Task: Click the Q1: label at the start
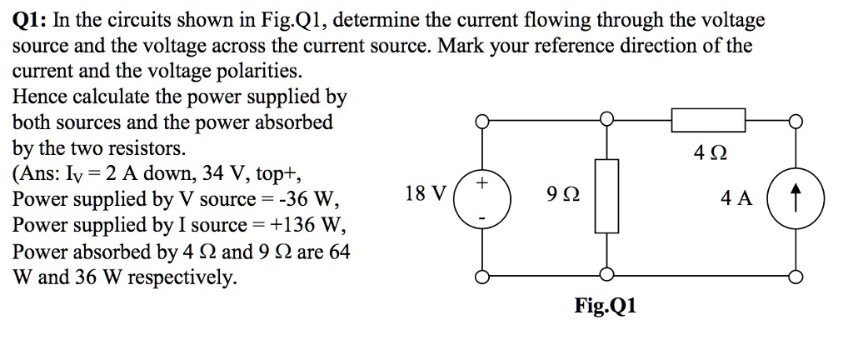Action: coord(30,20)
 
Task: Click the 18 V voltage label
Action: coord(424,194)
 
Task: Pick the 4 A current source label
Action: coord(737,198)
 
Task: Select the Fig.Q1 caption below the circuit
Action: coord(606,306)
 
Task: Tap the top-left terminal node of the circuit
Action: coord(480,122)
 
